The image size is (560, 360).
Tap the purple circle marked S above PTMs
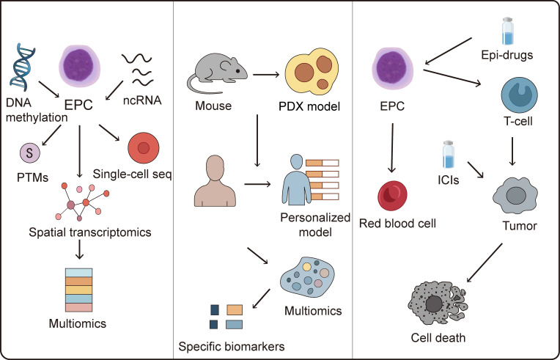[x=30, y=153]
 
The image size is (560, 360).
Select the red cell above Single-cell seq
[x=143, y=148]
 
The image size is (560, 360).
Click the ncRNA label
[x=142, y=100]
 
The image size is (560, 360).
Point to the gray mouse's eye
[x=237, y=71]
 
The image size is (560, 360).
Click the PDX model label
[x=309, y=106]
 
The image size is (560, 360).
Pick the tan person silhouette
[x=215, y=180]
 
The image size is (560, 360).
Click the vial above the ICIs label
[x=448, y=154]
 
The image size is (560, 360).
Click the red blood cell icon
[x=392, y=196]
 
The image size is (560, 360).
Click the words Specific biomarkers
[x=232, y=346]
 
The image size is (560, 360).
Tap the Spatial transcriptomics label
[x=90, y=232]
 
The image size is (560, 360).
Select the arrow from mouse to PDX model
[x=266, y=75]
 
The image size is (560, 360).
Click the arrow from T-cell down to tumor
[x=512, y=151]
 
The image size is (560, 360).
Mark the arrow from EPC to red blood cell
[x=392, y=148]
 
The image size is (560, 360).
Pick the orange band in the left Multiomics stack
[x=79, y=281]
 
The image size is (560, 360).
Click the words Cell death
[x=438, y=337]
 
